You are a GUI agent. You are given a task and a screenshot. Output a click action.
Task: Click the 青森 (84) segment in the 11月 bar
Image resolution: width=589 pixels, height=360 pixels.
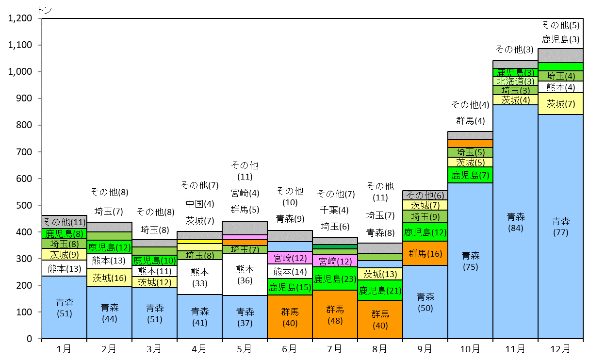point(515,222)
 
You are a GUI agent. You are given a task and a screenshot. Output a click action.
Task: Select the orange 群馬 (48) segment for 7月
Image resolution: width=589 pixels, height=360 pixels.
point(335,314)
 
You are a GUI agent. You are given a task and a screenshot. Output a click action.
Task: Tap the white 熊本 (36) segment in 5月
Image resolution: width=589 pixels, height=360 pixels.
point(245,274)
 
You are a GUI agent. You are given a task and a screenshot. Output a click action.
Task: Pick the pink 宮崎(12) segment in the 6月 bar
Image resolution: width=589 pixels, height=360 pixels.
point(290,258)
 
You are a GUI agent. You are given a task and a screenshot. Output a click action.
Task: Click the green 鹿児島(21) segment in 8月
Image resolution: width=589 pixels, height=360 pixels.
point(380,290)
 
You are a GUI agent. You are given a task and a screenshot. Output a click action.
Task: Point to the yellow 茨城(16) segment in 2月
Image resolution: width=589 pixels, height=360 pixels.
point(109,278)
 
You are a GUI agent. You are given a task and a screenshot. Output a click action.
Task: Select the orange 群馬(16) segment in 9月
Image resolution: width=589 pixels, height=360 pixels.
point(425,253)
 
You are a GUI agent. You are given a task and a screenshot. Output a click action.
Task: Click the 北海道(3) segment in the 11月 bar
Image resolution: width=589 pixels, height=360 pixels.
point(515,81)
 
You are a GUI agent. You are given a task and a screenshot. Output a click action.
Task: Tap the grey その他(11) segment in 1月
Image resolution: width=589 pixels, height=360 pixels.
point(65,222)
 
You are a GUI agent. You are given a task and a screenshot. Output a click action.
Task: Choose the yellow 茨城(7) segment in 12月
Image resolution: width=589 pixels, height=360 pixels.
point(560,104)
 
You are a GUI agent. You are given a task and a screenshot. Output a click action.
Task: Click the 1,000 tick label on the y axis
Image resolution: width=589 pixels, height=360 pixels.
point(20,71)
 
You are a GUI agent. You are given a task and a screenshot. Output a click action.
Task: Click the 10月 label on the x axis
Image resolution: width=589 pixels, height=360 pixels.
point(470,349)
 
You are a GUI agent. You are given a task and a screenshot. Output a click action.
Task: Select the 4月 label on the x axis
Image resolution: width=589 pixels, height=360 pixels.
point(199,349)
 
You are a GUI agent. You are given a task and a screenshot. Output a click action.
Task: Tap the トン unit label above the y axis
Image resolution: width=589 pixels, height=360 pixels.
point(45,10)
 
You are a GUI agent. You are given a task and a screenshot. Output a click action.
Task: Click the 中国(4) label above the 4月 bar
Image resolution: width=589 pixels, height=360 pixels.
point(200,204)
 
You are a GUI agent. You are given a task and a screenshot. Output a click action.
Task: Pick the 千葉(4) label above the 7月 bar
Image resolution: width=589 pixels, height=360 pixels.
point(334,210)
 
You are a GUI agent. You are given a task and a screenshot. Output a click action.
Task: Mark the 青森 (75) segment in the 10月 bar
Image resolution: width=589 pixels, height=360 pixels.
point(470,261)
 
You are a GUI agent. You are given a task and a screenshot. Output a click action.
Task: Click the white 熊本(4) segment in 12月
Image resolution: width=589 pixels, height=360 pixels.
point(560,87)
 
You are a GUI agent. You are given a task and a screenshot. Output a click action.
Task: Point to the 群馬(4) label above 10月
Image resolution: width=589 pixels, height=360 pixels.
point(471,121)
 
